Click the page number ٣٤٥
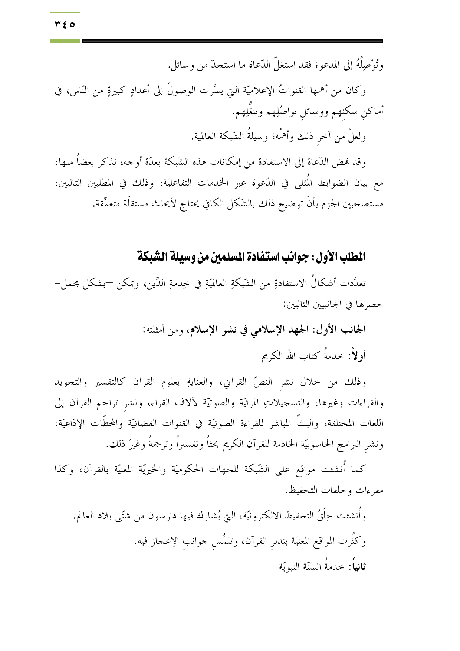coord(65,25)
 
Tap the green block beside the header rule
coord(65,41)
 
